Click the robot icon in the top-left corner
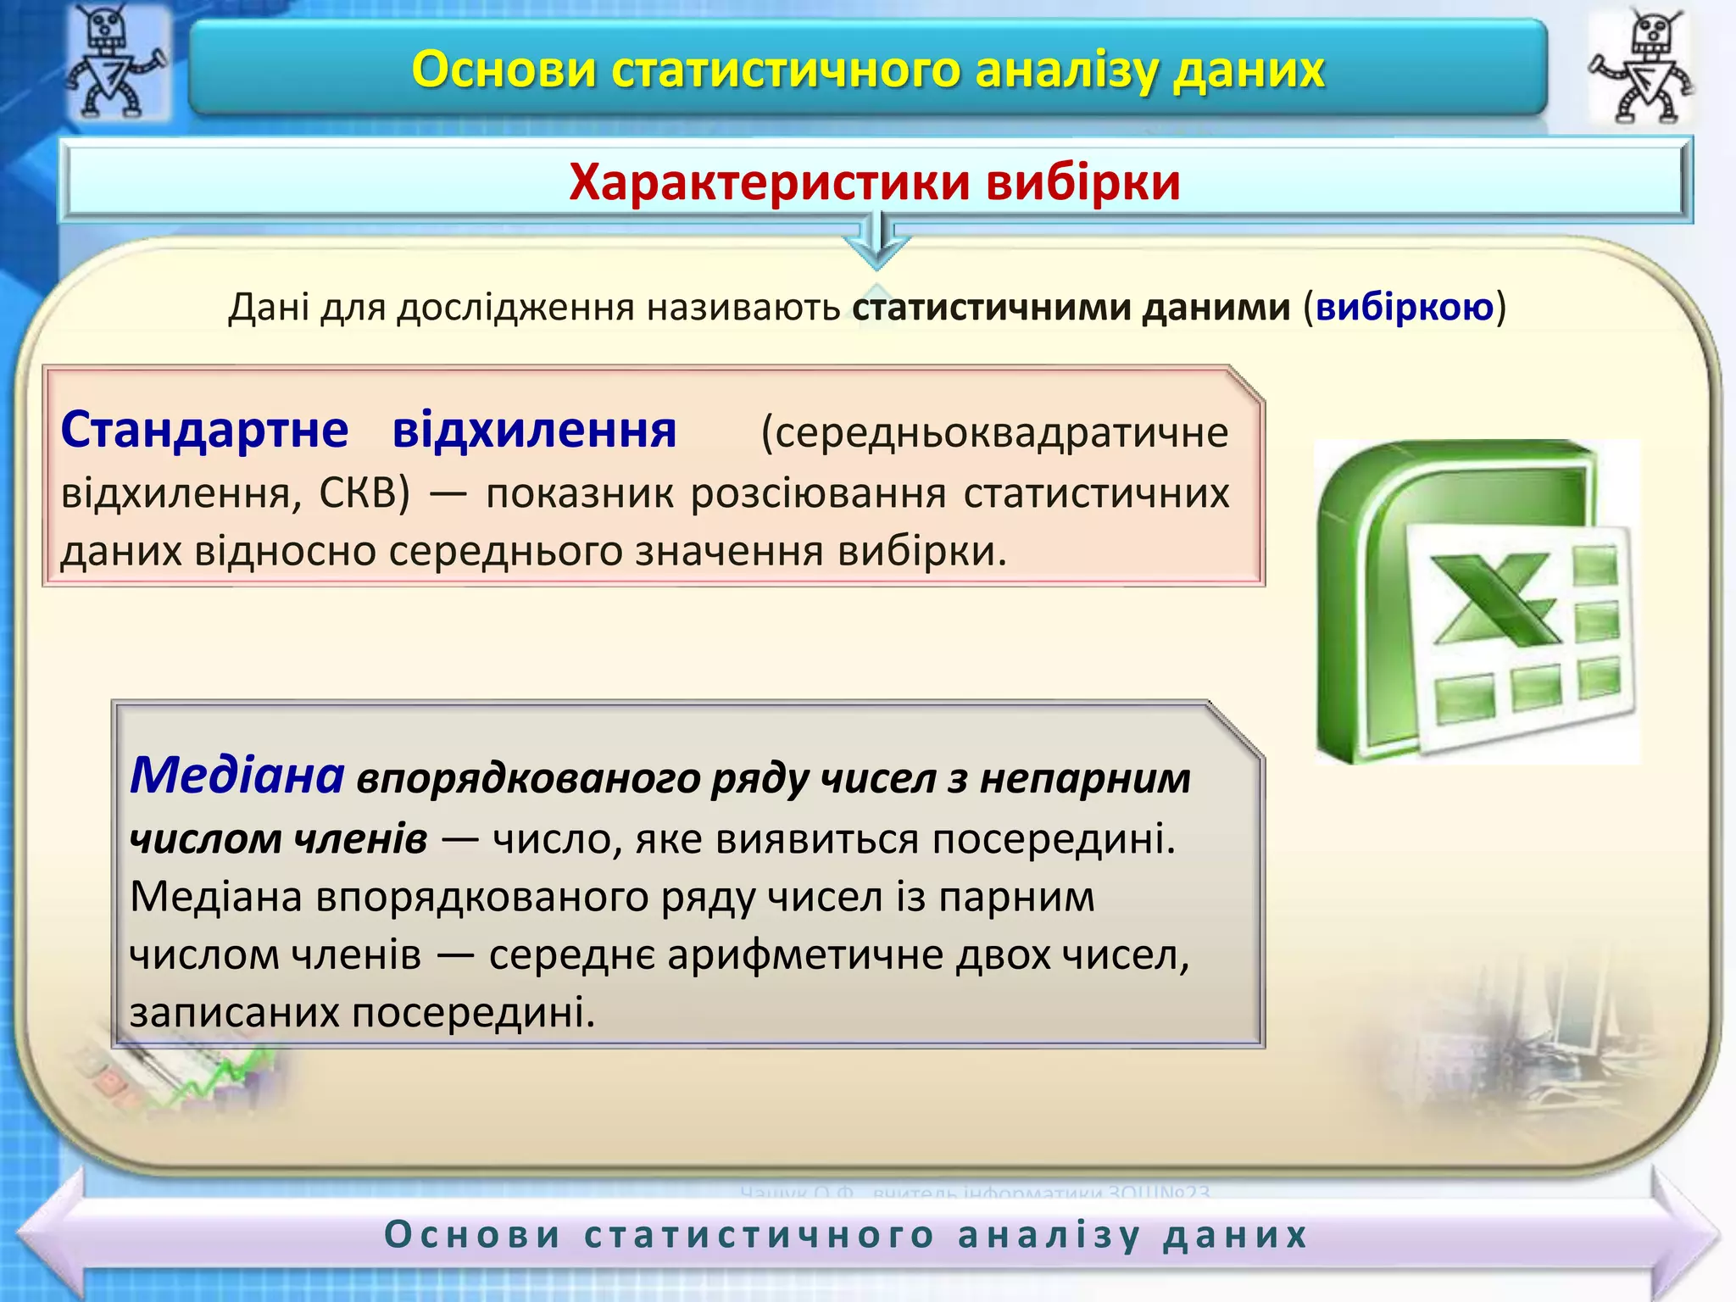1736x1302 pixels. [114, 61]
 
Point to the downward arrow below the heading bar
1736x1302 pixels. [877, 242]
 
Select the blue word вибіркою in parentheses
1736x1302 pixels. [1404, 307]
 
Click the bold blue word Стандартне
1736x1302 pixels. [204, 430]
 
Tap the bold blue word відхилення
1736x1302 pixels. [534, 430]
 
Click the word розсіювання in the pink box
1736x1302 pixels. [818, 492]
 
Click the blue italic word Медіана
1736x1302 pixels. [236, 775]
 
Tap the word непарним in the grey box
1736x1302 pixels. [1085, 778]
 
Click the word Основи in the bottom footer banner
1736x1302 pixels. [473, 1235]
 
